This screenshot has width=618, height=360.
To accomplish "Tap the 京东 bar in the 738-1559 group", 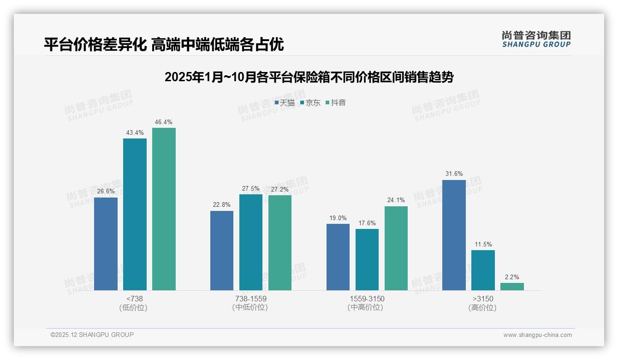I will click(x=251, y=242).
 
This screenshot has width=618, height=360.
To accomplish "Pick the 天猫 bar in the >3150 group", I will click(x=454, y=235).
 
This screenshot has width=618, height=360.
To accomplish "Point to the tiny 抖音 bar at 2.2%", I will click(x=512, y=287).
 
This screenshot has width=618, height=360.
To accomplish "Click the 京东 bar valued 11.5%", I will click(x=483, y=270).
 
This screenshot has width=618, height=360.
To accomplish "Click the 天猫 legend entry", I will click(x=285, y=102).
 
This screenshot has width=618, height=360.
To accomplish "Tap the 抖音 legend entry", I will click(x=336, y=102).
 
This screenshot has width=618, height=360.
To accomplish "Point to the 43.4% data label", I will click(x=135, y=133).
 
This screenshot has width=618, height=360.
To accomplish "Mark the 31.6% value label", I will click(x=454, y=174).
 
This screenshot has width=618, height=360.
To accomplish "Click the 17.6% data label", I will click(x=367, y=223).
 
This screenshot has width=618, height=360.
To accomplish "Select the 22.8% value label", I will click(x=222, y=205).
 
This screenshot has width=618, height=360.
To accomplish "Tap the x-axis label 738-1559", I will click(x=251, y=299).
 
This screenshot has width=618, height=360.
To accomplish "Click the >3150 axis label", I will click(x=483, y=299).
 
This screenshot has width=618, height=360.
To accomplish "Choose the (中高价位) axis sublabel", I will click(x=367, y=307).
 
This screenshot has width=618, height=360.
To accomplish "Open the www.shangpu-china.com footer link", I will click(x=537, y=335).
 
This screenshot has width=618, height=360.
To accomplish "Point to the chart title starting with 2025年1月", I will click(x=309, y=77).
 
